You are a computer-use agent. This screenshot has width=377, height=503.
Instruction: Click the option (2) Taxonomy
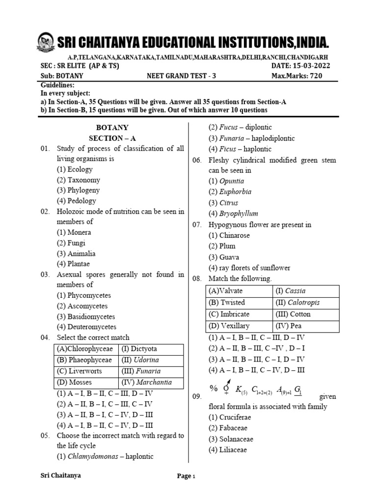pyautogui.click(x=79, y=180)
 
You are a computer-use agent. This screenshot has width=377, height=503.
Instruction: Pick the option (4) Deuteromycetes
pyautogui.click(x=87, y=327)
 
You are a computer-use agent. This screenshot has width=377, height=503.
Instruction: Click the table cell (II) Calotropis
pyautogui.click(x=305, y=303)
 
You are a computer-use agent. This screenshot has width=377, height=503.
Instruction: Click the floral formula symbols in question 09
pyautogui.click(x=256, y=390)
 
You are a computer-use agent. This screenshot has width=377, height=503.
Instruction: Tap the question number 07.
pyautogui.click(x=197, y=224)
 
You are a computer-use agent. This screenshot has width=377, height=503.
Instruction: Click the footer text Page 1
pyautogui.click(x=187, y=476)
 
